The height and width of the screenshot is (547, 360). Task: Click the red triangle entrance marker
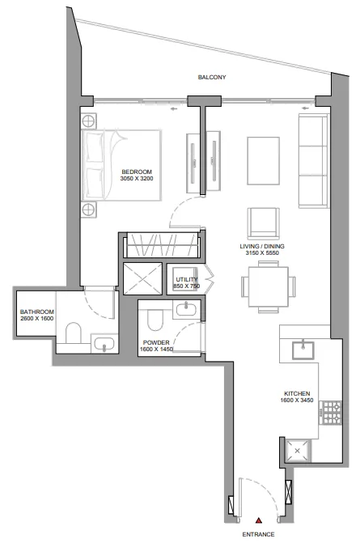[259, 521]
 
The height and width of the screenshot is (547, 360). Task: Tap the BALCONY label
[212, 77]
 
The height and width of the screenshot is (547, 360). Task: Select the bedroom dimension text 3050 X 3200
[137, 179]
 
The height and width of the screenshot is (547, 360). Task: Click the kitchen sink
[303, 350]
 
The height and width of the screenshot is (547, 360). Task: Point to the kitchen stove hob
[332, 413]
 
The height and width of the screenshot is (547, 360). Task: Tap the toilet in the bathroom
[74, 333]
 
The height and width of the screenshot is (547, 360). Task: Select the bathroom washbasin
[104, 344]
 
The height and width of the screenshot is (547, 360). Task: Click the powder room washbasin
[186, 309]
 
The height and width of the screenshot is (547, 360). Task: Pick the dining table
[269, 287]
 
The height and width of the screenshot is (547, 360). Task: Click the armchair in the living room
[264, 223]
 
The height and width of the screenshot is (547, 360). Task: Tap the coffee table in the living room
[264, 161]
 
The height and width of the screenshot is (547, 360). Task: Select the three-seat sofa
[314, 161]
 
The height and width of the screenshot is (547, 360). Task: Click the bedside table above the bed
[88, 121]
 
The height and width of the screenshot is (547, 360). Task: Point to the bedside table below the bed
[88, 210]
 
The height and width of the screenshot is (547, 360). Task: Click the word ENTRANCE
[258, 534]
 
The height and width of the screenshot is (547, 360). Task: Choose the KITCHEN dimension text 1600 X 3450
[297, 401]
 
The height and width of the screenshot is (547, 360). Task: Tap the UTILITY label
[187, 279]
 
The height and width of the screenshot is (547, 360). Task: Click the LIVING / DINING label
[262, 246]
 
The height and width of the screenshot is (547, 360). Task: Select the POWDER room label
[156, 342]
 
